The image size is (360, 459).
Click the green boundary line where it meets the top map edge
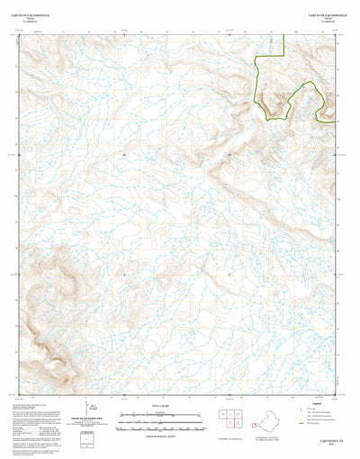point(283,34)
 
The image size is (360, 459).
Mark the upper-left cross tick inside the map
point(124,154)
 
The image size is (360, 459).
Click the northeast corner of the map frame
point(334,34)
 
